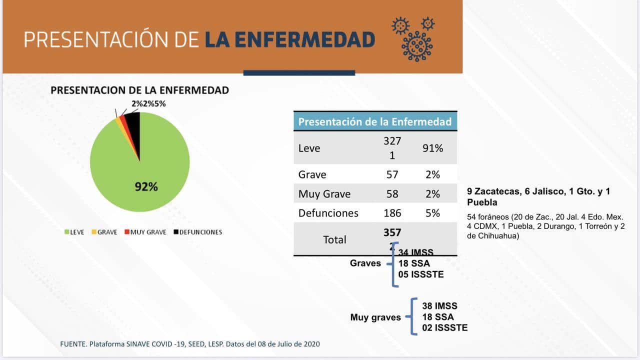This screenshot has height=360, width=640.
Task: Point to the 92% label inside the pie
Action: [x=146, y=187]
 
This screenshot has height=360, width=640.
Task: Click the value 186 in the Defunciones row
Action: [x=392, y=213]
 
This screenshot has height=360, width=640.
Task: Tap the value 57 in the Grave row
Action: [x=392, y=174]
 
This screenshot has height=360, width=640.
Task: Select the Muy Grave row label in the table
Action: [x=324, y=194]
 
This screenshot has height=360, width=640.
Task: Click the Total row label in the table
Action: [x=334, y=239]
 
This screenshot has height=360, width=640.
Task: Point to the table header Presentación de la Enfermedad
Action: [x=374, y=121]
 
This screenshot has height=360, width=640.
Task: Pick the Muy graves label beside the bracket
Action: [x=375, y=317]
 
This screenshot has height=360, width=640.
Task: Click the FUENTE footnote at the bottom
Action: [x=189, y=344]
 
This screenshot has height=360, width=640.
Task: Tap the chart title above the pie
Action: [x=139, y=90]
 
